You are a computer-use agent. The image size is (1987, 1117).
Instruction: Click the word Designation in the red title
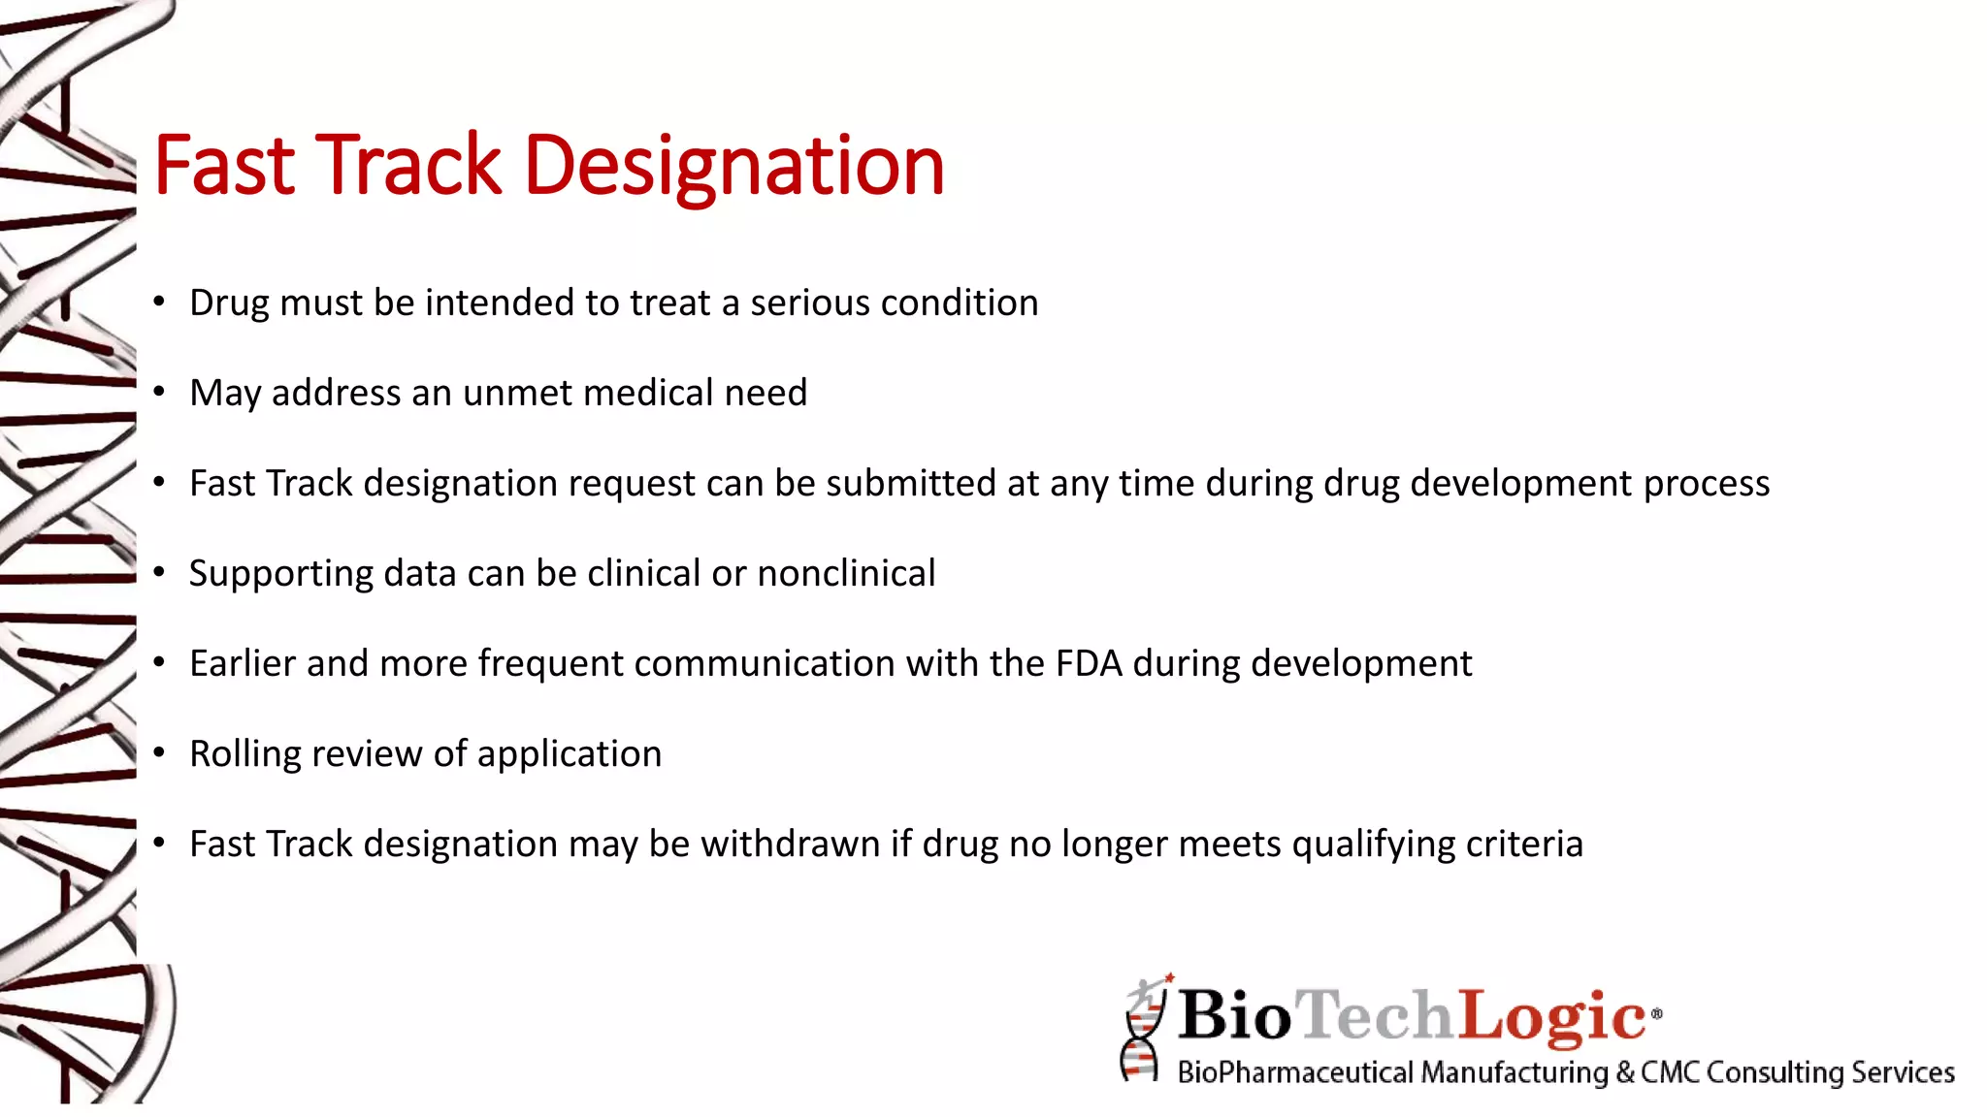733,167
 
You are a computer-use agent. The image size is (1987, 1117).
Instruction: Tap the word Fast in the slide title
224,167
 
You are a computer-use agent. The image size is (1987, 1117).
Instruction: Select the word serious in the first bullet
810,303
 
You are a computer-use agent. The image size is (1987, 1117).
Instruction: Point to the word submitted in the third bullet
911,484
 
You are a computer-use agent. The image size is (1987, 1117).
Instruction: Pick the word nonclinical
846,574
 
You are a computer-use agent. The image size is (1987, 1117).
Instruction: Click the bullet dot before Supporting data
159,572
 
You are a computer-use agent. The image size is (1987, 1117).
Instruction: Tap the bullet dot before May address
159,392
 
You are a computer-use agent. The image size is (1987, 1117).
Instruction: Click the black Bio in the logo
1235,1015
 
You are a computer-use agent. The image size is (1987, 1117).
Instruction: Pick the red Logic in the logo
1551,1015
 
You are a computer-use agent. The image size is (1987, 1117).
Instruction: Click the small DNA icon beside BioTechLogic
1143,1030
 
